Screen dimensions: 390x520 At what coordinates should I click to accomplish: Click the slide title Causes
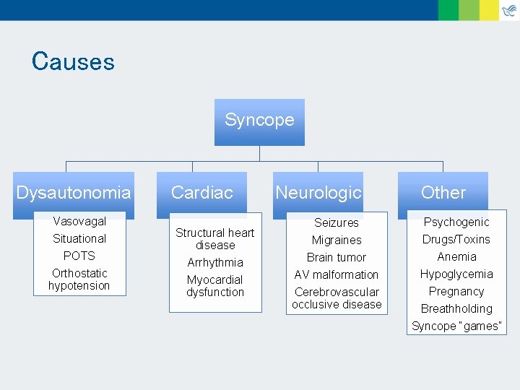(73, 61)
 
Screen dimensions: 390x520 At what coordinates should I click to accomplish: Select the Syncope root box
(259, 121)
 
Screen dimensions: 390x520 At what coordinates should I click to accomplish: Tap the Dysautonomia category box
(74, 193)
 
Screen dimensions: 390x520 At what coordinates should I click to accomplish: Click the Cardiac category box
(201, 193)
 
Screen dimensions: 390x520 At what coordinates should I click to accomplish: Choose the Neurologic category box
(318, 193)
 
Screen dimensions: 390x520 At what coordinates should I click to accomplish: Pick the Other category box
(443, 193)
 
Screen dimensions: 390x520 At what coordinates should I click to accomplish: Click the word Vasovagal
(79, 221)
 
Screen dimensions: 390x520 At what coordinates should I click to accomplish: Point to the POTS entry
(79, 256)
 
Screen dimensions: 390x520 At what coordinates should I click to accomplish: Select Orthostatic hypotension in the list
(79, 279)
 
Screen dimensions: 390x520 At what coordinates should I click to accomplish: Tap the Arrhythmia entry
(215, 262)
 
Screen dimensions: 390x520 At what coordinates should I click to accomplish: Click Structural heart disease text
(215, 239)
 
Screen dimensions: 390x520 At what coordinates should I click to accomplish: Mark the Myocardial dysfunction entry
(215, 286)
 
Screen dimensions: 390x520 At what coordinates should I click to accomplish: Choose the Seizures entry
(337, 222)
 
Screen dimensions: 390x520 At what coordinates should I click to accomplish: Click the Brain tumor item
(337, 257)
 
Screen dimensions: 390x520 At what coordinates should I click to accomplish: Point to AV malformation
(337, 274)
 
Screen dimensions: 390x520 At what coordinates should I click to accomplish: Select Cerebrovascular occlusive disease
(337, 298)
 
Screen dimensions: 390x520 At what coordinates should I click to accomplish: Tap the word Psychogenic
(456, 222)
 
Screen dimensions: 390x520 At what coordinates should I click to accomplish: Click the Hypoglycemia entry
(456, 274)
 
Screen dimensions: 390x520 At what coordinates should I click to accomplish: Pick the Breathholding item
(456, 308)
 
